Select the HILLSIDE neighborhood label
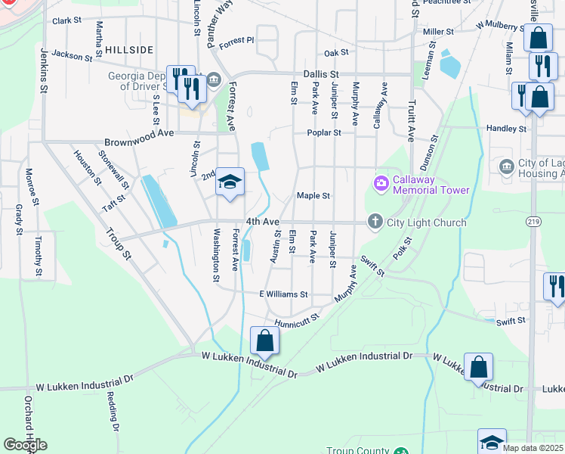coord(129,49)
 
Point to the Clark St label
coord(66,21)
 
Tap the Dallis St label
coord(319,73)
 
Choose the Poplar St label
coord(324,132)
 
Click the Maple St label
coord(313,195)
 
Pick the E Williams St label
coord(283,294)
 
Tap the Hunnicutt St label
coord(298,322)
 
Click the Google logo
coord(25,445)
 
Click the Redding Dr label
coord(113,412)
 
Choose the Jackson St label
coord(73,55)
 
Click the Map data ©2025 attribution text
coord(533,448)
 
